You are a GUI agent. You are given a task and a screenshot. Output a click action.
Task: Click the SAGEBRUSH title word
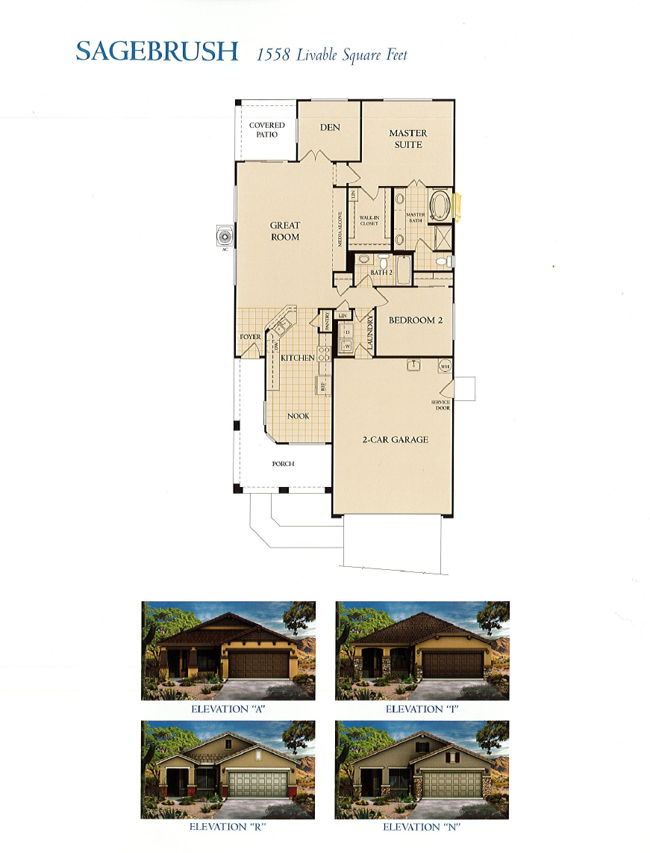(x=157, y=52)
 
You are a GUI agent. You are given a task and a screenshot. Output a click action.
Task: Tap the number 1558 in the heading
(x=273, y=55)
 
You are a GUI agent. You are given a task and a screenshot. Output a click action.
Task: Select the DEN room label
(x=330, y=128)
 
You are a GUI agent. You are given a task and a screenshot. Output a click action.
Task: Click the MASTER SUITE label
(x=408, y=139)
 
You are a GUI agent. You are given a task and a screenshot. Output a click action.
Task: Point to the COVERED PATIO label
(x=266, y=130)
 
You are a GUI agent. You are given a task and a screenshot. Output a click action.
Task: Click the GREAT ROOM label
(x=284, y=231)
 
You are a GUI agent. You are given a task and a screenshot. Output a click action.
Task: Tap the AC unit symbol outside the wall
(x=224, y=237)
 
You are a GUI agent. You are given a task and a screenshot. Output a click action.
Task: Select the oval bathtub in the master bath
(x=440, y=205)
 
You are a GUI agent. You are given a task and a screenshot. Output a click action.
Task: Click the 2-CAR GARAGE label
(x=395, y=440)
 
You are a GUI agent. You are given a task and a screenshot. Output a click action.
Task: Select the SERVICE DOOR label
(x=440, y=406)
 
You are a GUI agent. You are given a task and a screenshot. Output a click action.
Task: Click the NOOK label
(x=298, y=416)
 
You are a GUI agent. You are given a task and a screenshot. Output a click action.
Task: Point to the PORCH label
(x=283, y=464)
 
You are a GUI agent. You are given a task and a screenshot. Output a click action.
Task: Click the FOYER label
(x=250, y=338)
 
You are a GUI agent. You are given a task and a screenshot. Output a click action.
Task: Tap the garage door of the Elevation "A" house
(x=258, y=664)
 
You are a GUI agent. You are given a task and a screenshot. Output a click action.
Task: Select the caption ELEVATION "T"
(x=422, y=709)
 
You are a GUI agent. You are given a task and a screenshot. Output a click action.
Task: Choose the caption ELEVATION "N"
(x=422, y=828)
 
